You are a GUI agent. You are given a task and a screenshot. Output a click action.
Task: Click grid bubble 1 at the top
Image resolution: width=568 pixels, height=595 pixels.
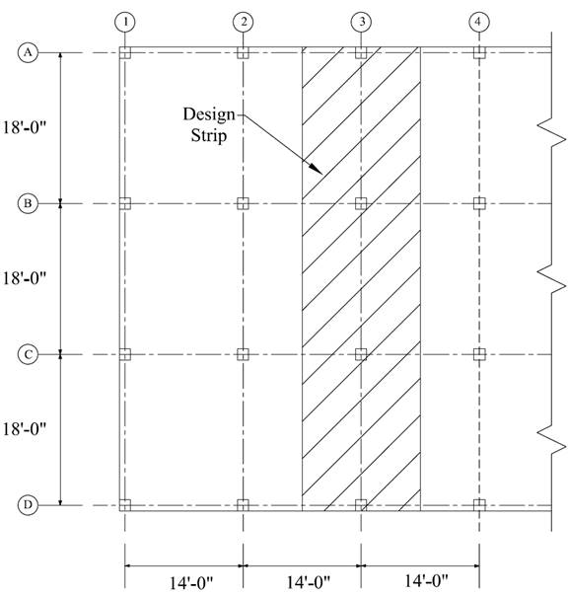125,22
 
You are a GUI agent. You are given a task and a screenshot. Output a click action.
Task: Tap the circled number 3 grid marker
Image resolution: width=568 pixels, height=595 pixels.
361,22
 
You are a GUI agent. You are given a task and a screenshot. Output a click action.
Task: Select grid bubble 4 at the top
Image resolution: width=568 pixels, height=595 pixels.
479,22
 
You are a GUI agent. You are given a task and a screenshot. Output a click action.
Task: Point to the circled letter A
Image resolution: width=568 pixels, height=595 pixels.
28,52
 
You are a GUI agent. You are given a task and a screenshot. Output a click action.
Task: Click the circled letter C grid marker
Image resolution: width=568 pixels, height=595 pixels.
28,354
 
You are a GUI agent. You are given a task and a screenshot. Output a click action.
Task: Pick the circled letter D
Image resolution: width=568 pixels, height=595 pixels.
28,505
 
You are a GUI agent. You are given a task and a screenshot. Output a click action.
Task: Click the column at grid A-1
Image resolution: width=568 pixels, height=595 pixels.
125,52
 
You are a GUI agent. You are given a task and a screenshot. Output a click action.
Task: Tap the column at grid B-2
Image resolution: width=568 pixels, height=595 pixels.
243,203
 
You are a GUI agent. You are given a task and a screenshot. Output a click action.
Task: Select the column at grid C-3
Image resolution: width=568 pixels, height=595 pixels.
361,354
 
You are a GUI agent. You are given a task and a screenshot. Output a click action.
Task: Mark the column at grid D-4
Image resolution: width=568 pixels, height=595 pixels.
479,505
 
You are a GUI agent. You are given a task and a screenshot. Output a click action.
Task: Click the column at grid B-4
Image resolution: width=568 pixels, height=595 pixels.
479,203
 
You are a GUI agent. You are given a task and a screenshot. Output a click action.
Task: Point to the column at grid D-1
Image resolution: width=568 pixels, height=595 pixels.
125,505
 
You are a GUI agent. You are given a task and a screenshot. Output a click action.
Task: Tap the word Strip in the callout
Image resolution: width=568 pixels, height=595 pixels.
209,136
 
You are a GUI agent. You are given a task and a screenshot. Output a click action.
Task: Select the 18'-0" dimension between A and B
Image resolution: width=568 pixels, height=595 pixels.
25,127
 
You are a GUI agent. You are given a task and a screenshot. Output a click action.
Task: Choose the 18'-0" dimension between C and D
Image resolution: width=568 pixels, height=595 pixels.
25,429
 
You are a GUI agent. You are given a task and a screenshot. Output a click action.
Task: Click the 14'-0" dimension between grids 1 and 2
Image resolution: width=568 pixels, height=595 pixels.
190,583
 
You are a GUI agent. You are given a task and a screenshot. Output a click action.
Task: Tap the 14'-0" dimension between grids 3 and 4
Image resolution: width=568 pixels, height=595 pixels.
426,580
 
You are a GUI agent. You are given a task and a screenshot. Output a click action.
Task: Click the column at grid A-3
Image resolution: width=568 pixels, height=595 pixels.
361,52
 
